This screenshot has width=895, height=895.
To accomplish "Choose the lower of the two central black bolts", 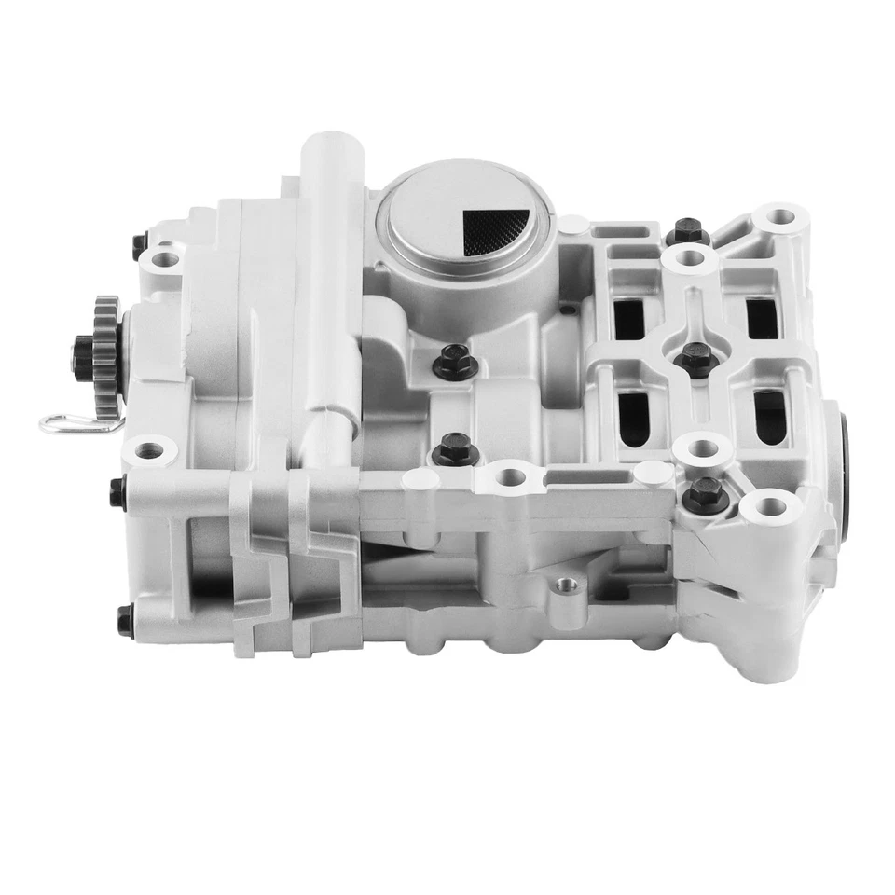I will (455, 449).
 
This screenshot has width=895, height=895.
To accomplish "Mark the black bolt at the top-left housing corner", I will (140, 244).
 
